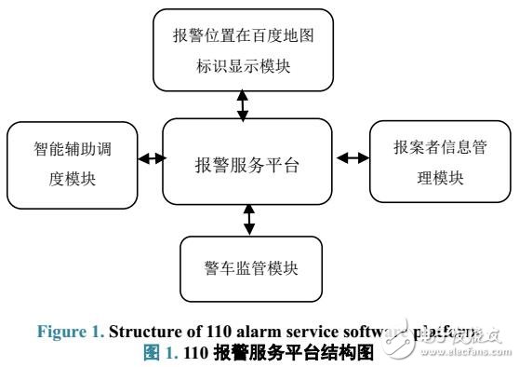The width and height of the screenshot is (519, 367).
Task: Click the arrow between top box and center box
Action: click(x=243, y=105)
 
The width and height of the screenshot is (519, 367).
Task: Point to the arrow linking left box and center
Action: click(x=151, y=158)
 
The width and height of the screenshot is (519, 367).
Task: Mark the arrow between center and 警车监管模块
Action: click(x=248, y=220)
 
